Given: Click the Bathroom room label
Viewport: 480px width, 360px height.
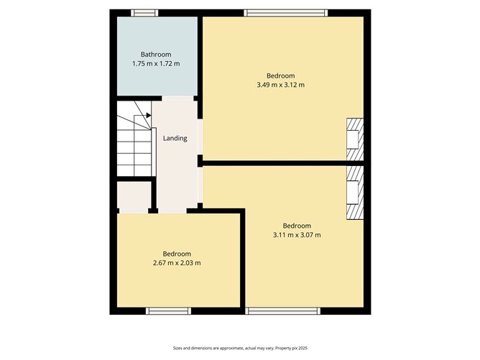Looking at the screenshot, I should (x=155, y=55).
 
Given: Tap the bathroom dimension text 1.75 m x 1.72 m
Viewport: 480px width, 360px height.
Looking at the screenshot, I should (x=155, y=64).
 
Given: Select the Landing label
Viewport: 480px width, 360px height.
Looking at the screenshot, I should (x=175, y=138).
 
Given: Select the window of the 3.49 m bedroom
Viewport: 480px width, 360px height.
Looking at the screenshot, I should (x=285, y=12).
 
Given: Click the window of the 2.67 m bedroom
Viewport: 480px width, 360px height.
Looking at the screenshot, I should (x=167, y=311).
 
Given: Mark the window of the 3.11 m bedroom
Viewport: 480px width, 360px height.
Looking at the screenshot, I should (x=282, y=311).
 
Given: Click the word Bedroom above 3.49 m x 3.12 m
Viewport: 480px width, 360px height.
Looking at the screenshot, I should (x=281, y=75).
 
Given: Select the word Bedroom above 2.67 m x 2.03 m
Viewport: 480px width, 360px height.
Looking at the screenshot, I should (x=176, y=254).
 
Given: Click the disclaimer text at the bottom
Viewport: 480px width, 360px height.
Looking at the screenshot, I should (x=239, y=347).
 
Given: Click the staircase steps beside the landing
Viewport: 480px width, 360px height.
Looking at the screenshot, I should (x=134, y=147).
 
